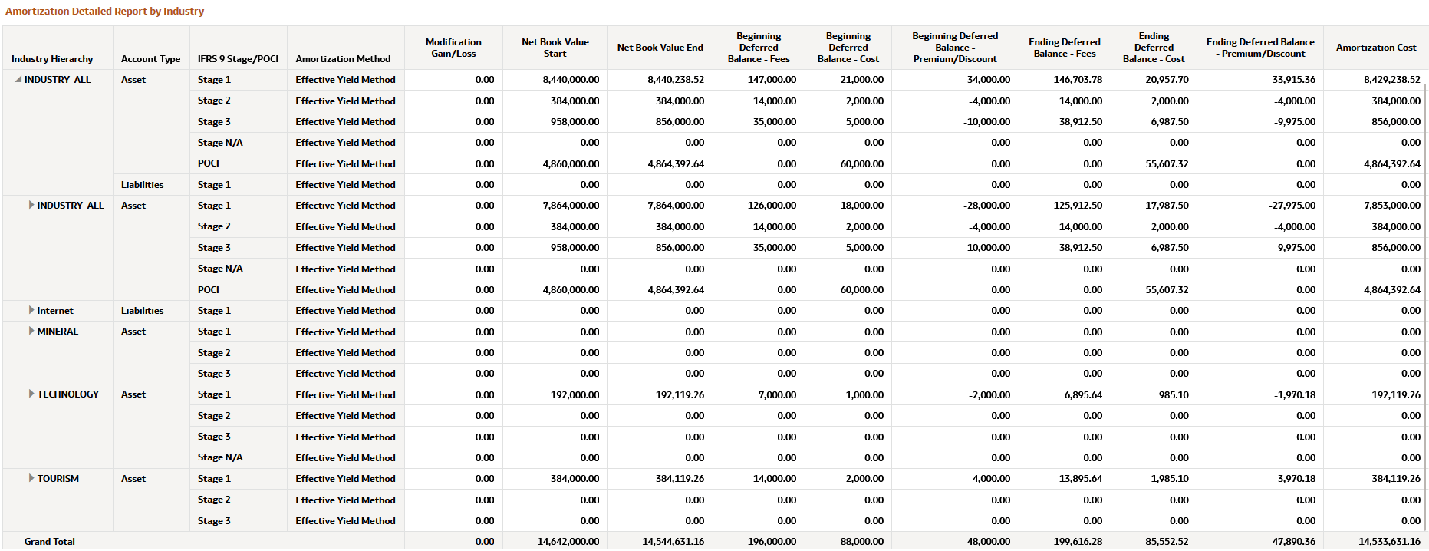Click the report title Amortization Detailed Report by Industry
[x=105, y=12]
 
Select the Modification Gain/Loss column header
[x=453, y=48]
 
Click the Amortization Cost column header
[x=1375, y=48]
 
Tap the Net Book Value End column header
[x=660, y=48]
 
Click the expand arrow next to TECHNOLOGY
[x=31, y=394]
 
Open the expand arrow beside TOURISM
[x=31, y=478]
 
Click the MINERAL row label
[x=58, y=332]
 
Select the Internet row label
[x=55, y=311]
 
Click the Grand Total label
[x=50, y=542]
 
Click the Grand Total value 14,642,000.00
[x=568, y=542]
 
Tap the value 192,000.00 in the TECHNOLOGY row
[x=575, y=394]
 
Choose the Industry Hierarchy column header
[x=52, y=59]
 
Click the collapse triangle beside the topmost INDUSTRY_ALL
[x=18, y=79]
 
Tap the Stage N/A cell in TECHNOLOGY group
[x=220, y=457]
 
